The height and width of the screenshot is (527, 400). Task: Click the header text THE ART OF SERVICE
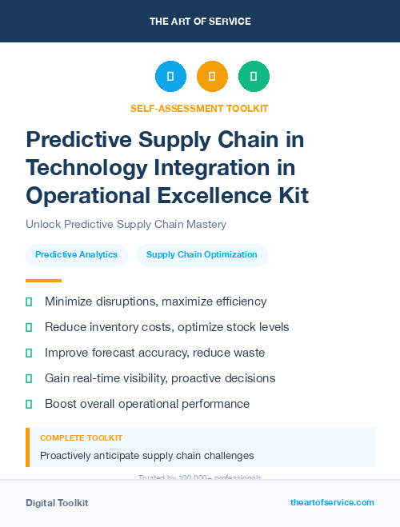pos(199,22)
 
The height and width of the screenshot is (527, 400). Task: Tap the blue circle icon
pos(170,77)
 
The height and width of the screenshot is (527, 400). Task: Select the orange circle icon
pos(212,77)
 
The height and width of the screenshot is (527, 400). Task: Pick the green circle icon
pos(254,77)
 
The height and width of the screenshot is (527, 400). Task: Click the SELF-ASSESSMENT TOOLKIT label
pos(199,108)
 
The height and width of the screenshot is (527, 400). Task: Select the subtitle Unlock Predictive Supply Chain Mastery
pos(126,224)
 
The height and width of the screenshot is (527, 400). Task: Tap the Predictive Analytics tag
pos(76,255)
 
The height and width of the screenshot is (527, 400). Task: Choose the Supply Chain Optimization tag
pos(202,255)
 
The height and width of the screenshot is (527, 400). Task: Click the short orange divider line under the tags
pos(43,281)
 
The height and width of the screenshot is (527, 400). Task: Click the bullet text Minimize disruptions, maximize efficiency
pos(155,301)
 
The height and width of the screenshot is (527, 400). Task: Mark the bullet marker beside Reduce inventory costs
pos(29,327)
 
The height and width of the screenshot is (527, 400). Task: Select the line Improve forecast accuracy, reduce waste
pos(154,353)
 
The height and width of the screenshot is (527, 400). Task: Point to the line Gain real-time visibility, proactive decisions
pos(160,378)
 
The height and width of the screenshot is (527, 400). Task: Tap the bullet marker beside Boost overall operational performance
pos(29,404)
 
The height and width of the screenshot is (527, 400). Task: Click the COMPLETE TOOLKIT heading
pos(81,438)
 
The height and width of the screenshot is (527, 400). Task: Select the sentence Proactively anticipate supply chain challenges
pos(146,456)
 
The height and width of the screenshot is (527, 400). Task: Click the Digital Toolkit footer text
pos(57,503)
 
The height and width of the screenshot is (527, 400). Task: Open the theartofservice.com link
pos(332,502)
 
